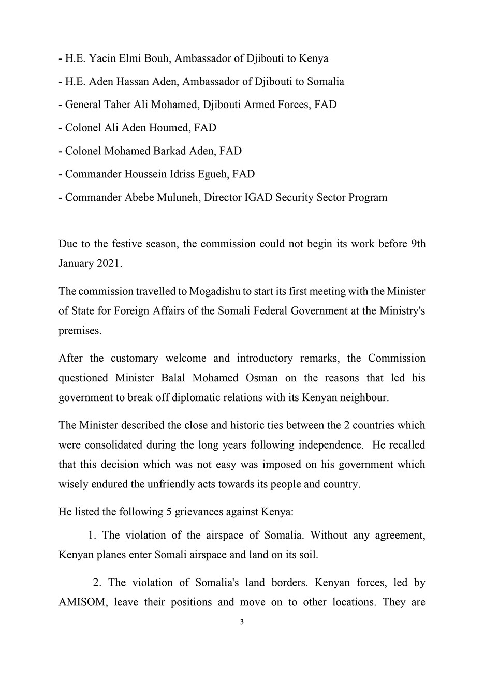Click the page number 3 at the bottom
[242, 622]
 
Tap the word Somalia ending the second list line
[325, 82]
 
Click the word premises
[80, 331]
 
